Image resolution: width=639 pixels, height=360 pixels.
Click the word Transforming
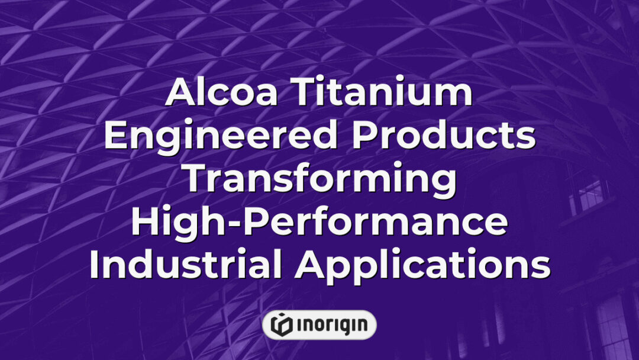point(319,179)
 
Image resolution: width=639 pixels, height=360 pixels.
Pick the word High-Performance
point(319,222)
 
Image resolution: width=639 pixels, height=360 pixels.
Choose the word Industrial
point(186,265)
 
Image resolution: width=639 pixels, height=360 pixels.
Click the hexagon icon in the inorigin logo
point(282,324)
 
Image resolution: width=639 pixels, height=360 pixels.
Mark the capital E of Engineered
point(114,136)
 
